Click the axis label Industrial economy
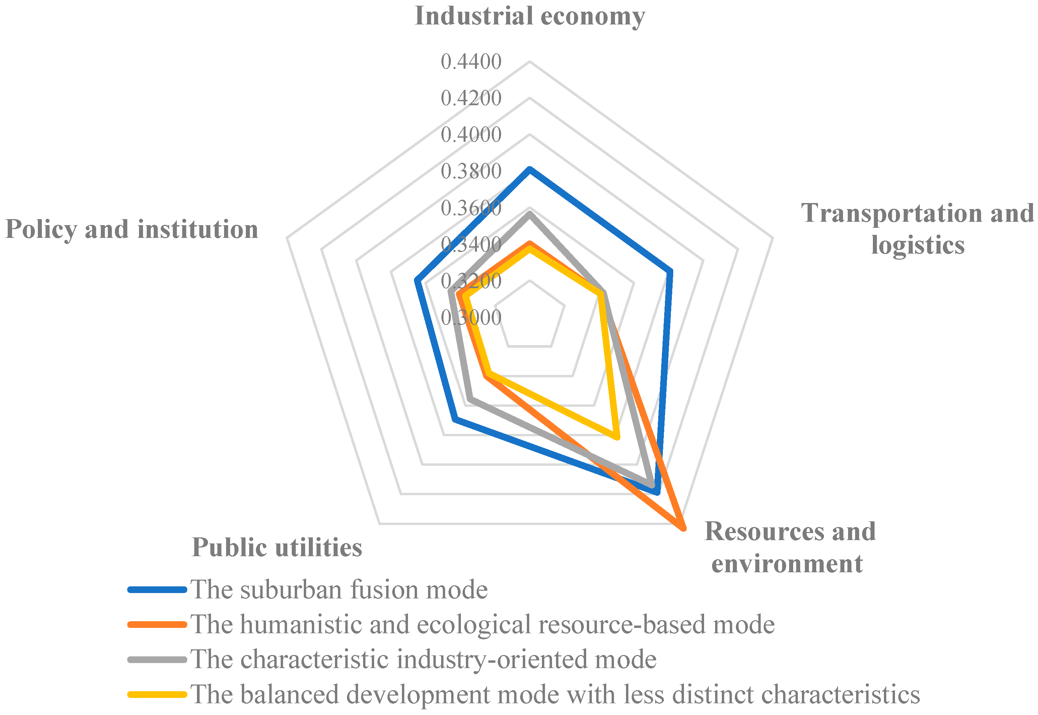(x=530, y=16)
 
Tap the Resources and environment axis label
(x=790, y=547)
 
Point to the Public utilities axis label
(x=277, y=547)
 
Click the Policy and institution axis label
(x=132, y=230)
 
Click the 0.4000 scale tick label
(x=471, y=135)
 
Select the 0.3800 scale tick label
(x=471, y=172)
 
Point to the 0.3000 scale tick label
(x=471, y=318)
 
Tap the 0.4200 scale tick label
(x=471, y=99)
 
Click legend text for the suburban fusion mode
(x=339, y=590)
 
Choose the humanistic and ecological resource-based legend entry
(x=482, y=624)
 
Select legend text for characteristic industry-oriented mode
(x=423, y=659)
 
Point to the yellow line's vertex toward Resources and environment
(x=617, y=437)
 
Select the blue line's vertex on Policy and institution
(x=417, y=280)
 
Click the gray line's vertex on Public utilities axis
(x=469, y=398)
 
